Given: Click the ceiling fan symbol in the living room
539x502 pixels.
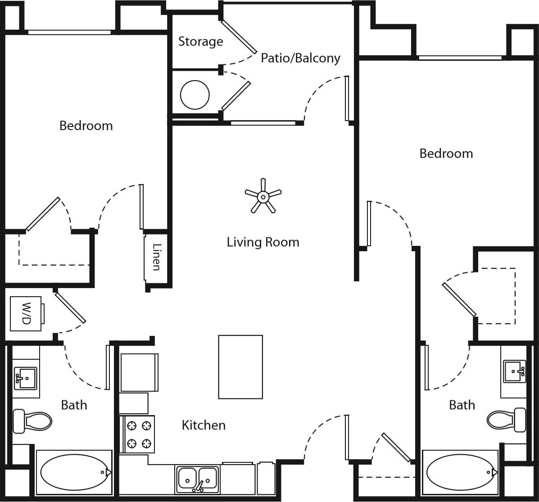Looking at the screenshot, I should (x=263, y=196).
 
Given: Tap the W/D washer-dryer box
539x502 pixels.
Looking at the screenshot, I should (x=26, y=313).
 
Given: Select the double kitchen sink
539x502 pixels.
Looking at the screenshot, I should (x=197, y=479).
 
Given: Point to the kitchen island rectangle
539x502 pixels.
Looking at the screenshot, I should (x=240, y=367).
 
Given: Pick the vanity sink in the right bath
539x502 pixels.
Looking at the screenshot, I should (x=514, y=371).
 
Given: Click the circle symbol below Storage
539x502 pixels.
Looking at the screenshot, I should (x=195, y=95).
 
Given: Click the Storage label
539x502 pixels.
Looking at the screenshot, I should (x=200, y=41).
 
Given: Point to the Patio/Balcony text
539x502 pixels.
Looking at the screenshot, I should (x=300, y=58).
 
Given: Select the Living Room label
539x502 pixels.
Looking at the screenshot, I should (x=263, y=242).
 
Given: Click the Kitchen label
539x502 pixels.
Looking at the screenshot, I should (x=204, y=425).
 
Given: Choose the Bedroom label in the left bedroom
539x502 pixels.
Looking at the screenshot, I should (x=86, y=125).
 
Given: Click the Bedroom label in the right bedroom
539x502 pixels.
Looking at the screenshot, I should (x=446, y=154).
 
